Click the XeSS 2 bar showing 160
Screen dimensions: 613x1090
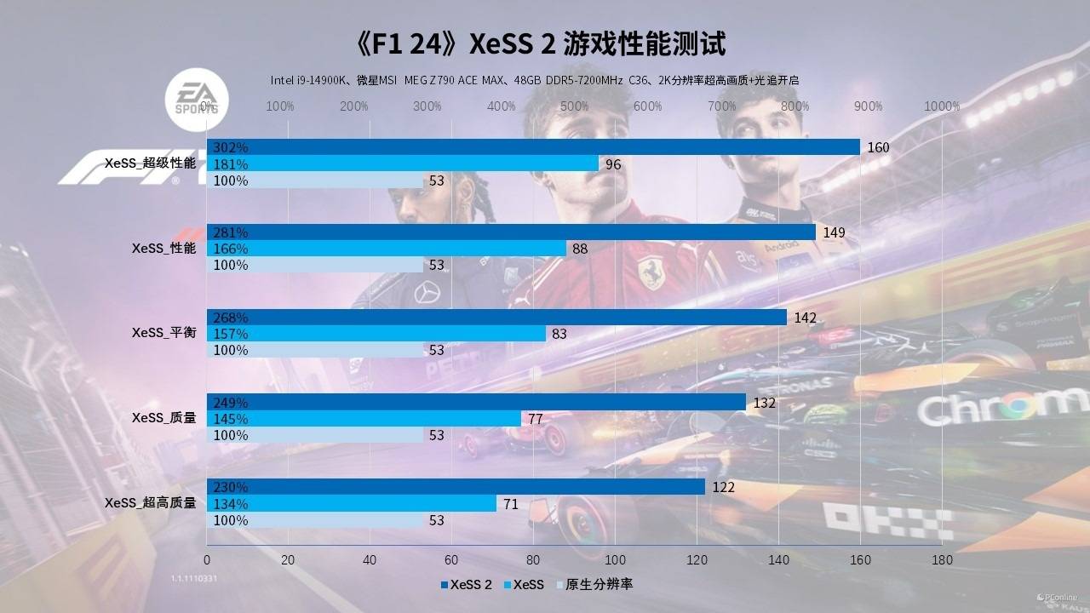click(x=533, y=147)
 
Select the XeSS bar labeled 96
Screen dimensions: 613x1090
click(x=403, y=163)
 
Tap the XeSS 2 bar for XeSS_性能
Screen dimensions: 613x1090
click(x=511, y=232)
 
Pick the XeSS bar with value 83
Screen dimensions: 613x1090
click(x=376, y=334)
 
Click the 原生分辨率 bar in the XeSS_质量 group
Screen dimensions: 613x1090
click(x=315, y=435)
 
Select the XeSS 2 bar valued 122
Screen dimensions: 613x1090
click(x=456, y=487)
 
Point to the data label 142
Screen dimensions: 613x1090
click(x=805, y=318)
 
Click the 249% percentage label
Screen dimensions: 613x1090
click(x=231, y=403)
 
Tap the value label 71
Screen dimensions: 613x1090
click(x=511, y=504)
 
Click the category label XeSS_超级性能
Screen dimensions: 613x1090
click(x=150, y=163)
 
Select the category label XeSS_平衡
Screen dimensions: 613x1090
click(x=163, y=333)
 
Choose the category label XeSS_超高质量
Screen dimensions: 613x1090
click(x=150, y=503)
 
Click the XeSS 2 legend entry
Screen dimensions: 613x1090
click(x=467, y=584)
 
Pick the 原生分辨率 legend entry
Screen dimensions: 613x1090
click(x=594, y=584)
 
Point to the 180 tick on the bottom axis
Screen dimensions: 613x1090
click(x=942, y=560)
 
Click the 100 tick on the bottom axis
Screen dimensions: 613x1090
click(x=615, y=560)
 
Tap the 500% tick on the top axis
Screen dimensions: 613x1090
click(x=575, y=106)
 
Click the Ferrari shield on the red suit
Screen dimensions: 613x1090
click(x=651, y=272)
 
